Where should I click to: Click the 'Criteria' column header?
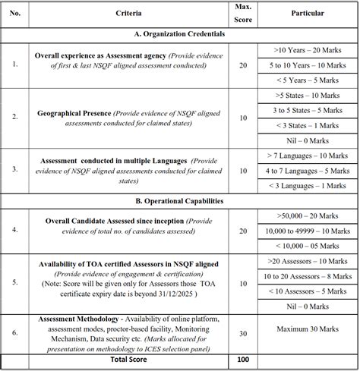click(127, 14)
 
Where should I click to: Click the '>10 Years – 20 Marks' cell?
click(308, 49)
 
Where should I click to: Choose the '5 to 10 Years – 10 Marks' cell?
click(308, 65)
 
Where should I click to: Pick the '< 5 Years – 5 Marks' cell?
click(308, 80)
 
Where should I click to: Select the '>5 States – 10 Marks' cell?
click(308, 96)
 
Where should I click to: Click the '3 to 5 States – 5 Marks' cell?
click(308, 111)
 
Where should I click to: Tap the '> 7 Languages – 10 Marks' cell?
click(308, 156)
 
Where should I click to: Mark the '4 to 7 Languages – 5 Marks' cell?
click(308, 171)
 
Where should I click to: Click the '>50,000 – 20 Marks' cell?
click(308, 217)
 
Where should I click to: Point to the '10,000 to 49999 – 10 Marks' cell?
click(308, 231)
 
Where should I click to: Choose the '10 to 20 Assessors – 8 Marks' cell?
click(308, 278)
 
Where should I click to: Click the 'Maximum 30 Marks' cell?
click(308, 332)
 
